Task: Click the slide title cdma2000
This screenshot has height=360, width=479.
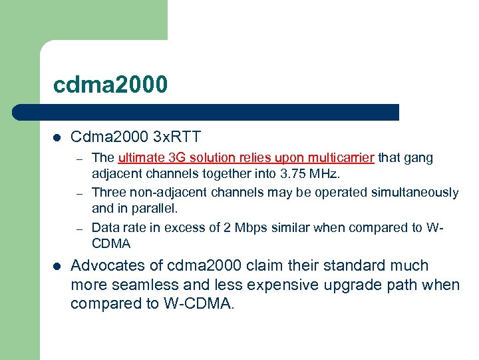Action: click(111, 85)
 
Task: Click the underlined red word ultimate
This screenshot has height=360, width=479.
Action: click(140, 158)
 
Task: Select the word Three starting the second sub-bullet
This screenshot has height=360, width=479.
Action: click(107, 193)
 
